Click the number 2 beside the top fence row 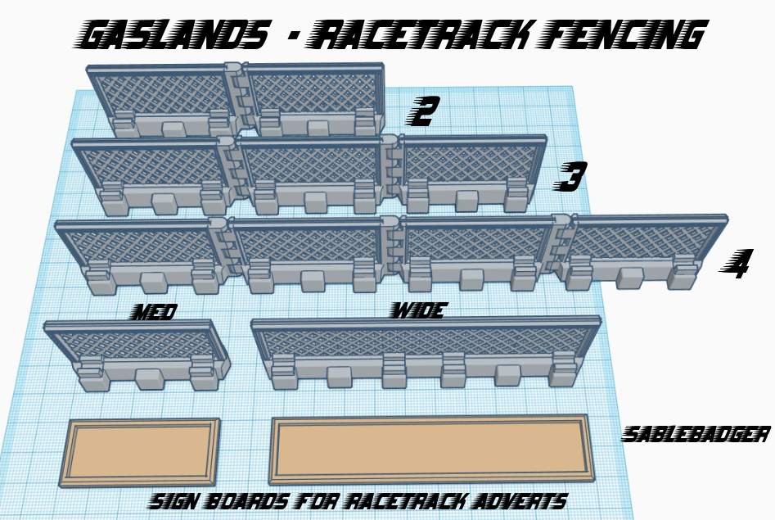[425, 112]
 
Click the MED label [154, 311]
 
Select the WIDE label [417, 310]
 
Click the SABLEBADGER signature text [696, 434]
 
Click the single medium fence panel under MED [135, 352]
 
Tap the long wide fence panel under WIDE [426, 348]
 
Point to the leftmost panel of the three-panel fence [151, 172]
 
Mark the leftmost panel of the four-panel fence [139, 254]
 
